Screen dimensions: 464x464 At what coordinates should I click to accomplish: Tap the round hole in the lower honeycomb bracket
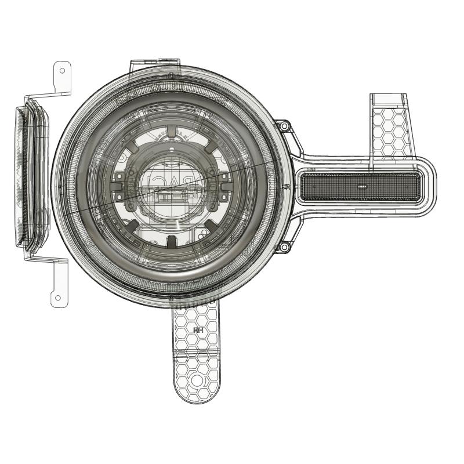pos(197,380)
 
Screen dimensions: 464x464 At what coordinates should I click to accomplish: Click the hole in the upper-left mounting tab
pos(62,71)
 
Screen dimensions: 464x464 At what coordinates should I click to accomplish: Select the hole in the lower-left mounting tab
pos(58,299)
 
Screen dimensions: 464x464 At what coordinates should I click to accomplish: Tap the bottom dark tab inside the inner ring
pos(172,240)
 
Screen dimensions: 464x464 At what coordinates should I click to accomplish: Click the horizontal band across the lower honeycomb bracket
pos(197,353)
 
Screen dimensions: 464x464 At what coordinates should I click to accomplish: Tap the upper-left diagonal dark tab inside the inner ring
pos(135,148)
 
